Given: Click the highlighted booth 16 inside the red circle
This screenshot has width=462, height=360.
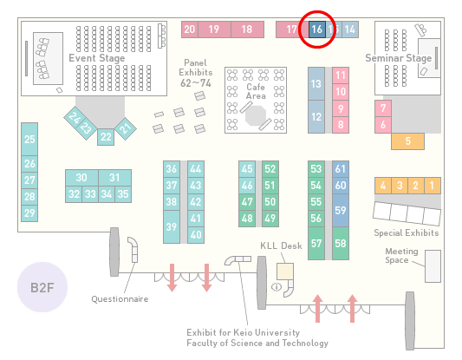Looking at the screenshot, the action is tap(317, 29).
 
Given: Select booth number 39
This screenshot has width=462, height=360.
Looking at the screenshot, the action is tap(172, 226).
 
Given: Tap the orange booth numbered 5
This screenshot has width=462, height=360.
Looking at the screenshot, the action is tap(407, 141).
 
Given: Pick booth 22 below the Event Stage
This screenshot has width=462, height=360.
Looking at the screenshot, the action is tap(106, 137).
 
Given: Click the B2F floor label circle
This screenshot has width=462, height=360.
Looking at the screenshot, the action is tap(42, 287).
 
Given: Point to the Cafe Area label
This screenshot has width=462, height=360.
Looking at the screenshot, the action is tap(256, 91).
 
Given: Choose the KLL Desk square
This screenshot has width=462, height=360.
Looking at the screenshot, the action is tap(285, 272).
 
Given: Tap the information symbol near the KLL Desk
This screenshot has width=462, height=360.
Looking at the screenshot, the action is tap(277, 286).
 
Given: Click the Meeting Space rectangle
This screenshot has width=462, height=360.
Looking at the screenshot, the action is tap(433, 266).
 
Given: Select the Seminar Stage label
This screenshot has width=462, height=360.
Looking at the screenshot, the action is tap(399, 58).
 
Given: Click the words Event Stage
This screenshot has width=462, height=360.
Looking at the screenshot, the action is tap(96, 58).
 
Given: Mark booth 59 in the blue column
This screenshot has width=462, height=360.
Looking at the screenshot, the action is tap(341, 210).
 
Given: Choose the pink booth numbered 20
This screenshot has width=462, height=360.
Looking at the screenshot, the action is tap(190, 29).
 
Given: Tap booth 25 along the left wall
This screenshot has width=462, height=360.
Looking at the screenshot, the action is tap(29, 139).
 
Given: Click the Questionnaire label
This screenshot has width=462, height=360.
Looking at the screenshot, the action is tap(120, 299).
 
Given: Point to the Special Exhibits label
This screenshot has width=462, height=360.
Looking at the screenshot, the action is tap(407, 233).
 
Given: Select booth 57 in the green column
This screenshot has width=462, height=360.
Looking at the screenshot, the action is tap(316, 243).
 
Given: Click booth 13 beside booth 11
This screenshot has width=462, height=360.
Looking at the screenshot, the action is tap(316, 84).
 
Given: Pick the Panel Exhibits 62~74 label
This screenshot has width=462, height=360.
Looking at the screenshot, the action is tap(196, 73).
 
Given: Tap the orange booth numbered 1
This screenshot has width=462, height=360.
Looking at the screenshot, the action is tap(433, 186).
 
